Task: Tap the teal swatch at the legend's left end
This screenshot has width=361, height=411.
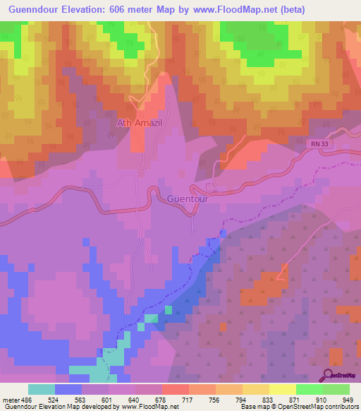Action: click(x=42, y=389)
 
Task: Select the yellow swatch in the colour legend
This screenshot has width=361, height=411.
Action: click(x=282, y=389)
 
